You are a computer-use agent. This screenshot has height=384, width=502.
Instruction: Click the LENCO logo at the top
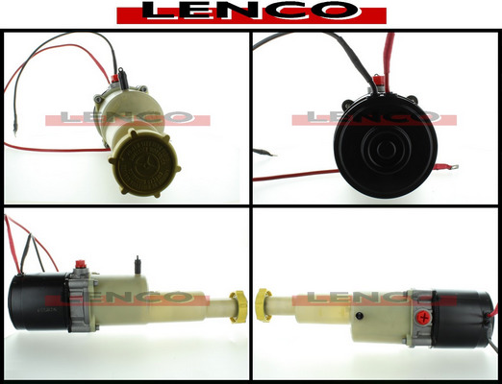point(251,12)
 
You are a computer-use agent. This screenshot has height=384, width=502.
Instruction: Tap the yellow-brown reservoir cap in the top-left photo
point(145,163)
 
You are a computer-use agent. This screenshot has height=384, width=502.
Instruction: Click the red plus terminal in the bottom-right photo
point(424,318)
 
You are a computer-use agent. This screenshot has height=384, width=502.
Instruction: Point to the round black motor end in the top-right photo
point(386,146)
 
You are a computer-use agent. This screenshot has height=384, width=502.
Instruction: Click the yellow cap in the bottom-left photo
point(238,305)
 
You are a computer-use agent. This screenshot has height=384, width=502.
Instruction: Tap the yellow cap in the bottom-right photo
point(264,305)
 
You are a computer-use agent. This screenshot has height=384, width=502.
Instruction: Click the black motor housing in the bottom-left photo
point(38,302)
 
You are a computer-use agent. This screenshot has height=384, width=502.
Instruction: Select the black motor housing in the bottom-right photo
point(461,319)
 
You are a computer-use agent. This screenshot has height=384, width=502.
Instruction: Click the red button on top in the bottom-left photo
point(79,265)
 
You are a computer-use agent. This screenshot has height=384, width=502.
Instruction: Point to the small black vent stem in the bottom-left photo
point(138,264)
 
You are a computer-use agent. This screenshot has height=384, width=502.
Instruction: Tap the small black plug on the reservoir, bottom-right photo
point(360,316)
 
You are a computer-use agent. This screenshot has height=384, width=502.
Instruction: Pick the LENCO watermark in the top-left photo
point(128,118)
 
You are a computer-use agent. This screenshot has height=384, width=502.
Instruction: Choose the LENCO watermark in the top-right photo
point(374,118)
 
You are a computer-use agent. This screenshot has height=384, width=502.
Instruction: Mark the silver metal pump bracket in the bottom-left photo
point(83,300)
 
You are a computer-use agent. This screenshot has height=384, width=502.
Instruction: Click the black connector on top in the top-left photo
point(122,79)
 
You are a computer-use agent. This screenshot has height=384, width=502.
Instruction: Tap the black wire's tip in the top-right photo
point(275,156)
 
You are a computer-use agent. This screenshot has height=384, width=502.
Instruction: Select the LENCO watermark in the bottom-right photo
point(374,300)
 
